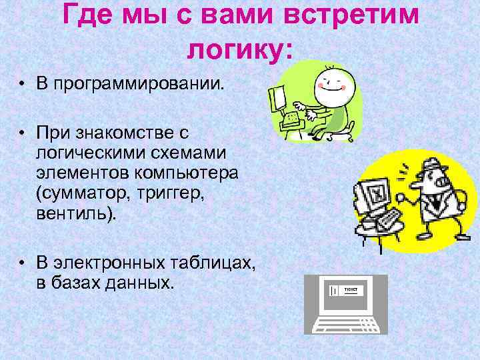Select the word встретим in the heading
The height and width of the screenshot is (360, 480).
click(x=351, y=15)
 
